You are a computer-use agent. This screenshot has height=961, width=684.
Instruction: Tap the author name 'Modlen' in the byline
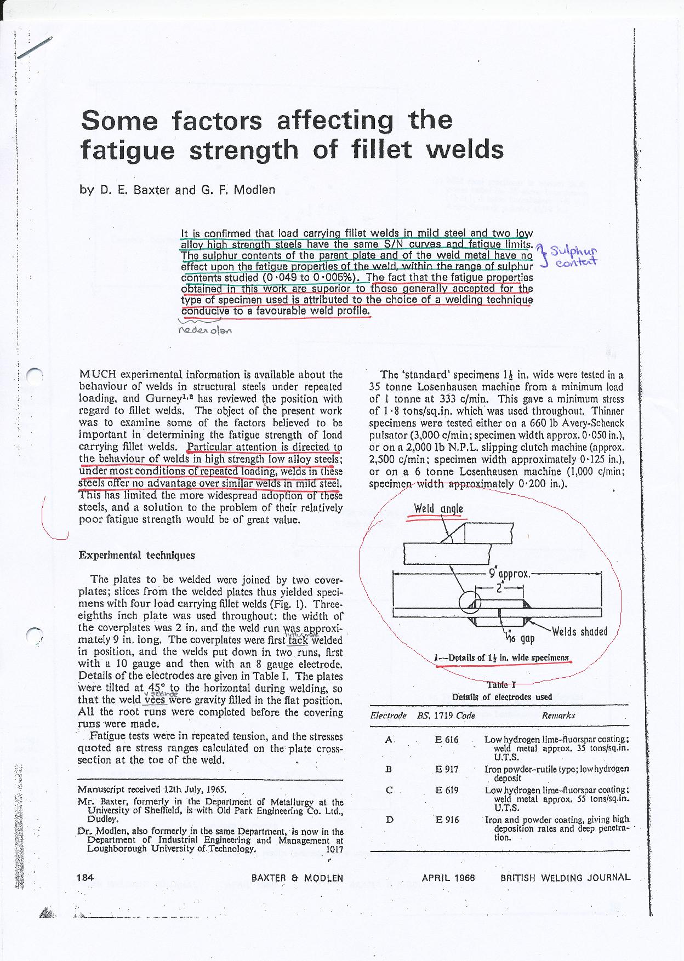click(254, 191)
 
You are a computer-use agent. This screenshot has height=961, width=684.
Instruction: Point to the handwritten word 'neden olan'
click(206, 330)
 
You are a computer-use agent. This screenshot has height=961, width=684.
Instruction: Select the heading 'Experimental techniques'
click(136, 555)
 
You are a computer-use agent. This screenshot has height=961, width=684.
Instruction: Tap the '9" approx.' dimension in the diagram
click(509, 574)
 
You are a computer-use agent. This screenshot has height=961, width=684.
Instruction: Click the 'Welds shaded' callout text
click(579, 631)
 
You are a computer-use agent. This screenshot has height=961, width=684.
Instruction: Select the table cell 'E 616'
click(446, 740)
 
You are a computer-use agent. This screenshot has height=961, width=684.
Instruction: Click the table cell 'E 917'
click(446, 769)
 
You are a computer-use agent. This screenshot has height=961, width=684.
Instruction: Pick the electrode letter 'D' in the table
click(389, 820)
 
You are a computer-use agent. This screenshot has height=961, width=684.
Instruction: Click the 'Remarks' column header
click(558, 716)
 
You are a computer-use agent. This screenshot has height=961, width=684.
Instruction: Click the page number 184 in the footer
click(86, 877)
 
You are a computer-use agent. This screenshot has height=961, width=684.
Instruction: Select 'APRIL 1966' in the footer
click(448, 877)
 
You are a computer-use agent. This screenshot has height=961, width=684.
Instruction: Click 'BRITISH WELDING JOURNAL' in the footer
click(565, 877)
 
